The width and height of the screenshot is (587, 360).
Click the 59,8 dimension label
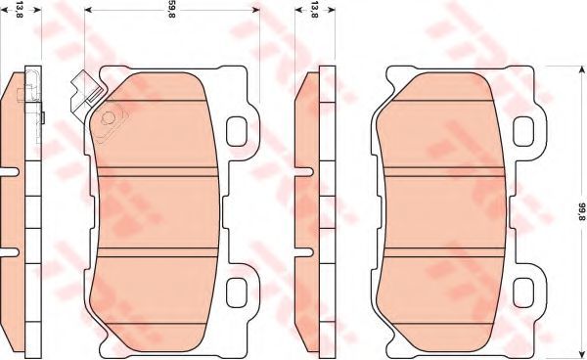(171, 11)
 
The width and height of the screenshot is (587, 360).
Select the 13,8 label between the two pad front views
(314, 11)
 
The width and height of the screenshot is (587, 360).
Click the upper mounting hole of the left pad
(237, 131)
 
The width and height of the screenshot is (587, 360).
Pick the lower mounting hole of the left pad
(237, 293)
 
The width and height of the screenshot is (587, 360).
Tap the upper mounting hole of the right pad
(523, 131)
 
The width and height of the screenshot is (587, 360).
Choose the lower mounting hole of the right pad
(523, 293)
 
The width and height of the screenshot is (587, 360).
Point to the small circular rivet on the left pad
(108, 118)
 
